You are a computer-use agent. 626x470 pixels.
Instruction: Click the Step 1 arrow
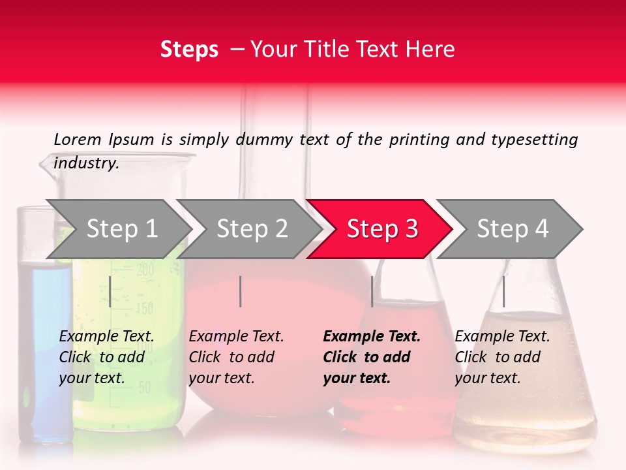pos(121,229)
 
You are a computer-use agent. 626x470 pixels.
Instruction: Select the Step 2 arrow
pos(251,229)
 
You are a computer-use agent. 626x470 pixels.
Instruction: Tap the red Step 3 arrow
pos(381,229)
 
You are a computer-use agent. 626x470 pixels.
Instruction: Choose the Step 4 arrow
pos(512,229)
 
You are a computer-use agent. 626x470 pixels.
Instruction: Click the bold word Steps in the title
pos(189,50)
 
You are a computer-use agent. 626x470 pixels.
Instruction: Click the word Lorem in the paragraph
pos(77,139)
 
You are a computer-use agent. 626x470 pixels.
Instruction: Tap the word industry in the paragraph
pos(85,163)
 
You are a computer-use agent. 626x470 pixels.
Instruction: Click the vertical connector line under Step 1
pos(110,291)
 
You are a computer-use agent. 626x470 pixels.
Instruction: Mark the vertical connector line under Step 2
pos(241,291)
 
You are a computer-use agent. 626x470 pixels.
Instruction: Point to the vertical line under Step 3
pos(372,291)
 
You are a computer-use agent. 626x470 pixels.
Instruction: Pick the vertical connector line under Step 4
pos(503,291)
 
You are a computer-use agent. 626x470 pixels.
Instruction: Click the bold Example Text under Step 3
pos(372,337)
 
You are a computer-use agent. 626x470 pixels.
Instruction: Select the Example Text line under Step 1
pos(106,337)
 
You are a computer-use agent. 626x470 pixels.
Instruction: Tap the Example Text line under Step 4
pos(502,337)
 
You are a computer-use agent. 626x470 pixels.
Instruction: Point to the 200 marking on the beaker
pos(145,269)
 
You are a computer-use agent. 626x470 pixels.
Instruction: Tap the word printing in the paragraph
pos(420,140)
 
